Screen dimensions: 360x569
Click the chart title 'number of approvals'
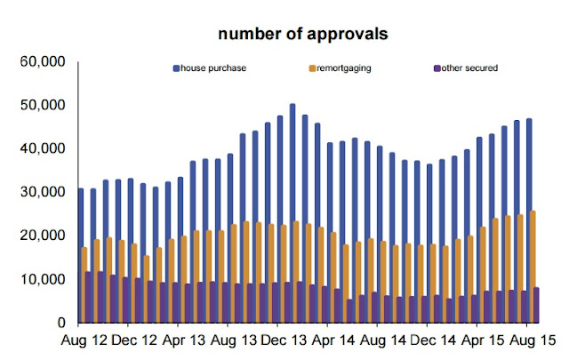293,36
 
